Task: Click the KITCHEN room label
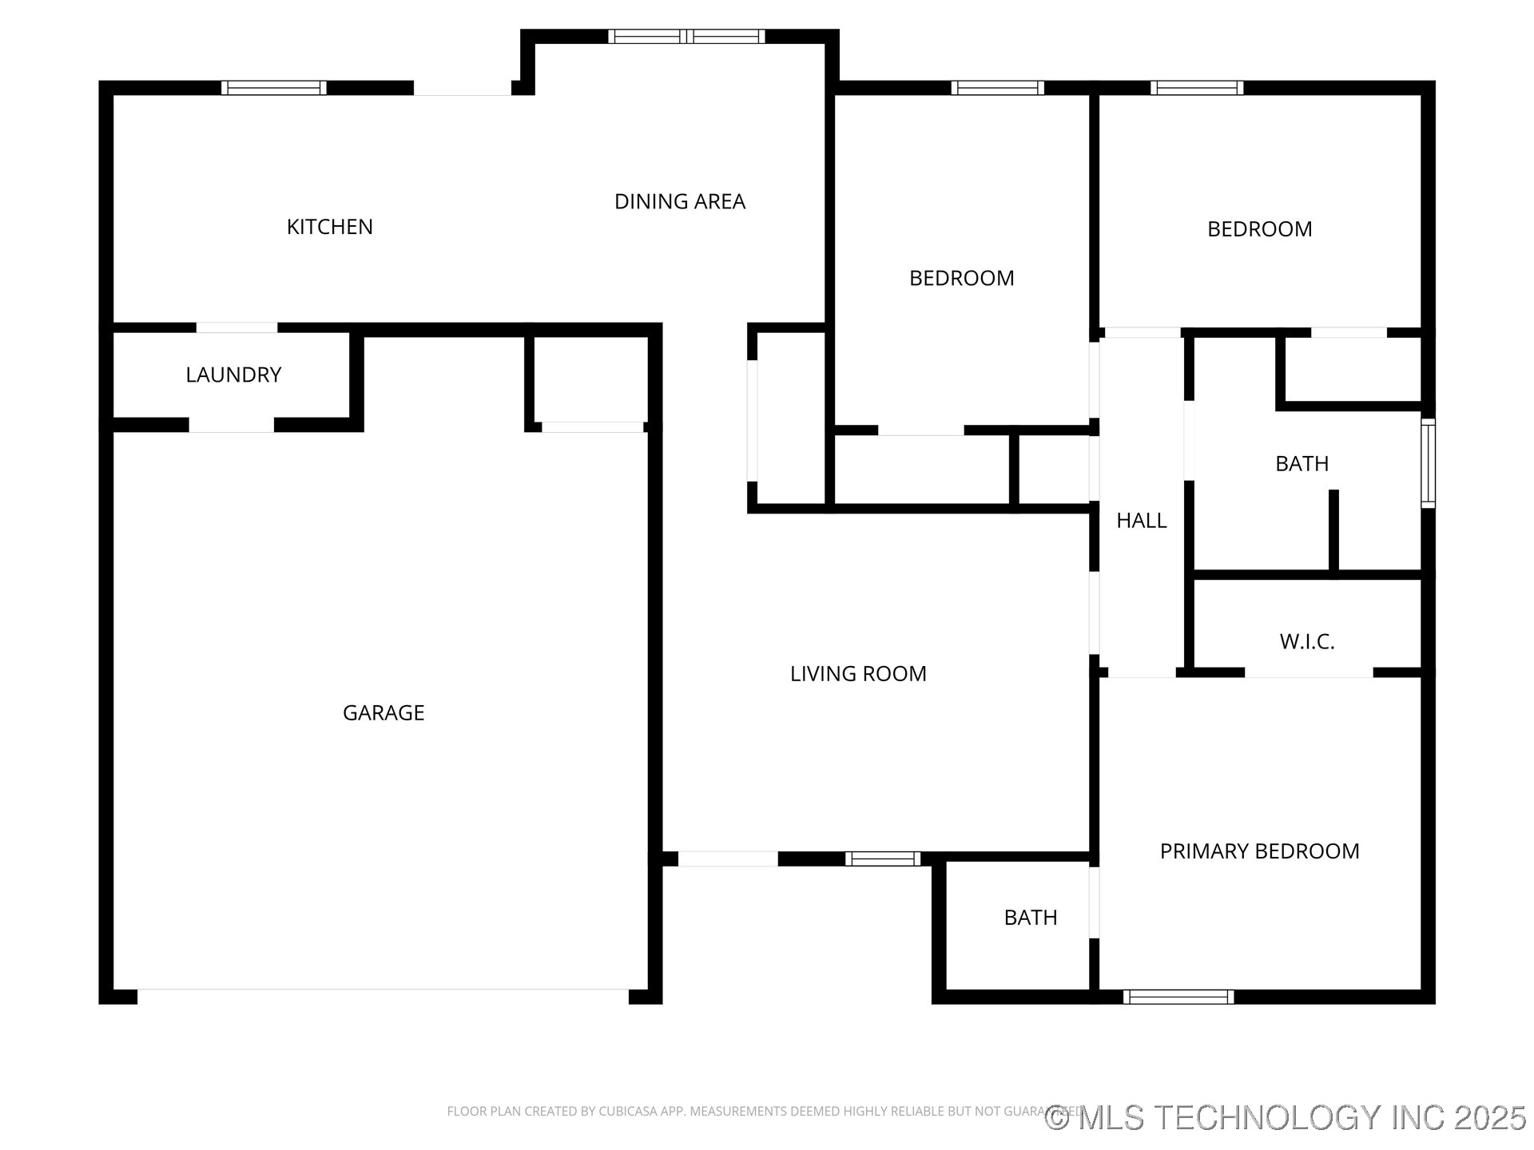329,227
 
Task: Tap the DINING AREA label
679,201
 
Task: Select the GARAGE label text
383,712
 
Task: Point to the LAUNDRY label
233,375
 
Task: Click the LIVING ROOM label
857,673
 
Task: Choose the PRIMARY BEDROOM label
1258,851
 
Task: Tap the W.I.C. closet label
1306,641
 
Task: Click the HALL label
1141,521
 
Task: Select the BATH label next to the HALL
1302,463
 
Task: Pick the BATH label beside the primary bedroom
1030,918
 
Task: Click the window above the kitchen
273,88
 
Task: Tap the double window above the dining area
686,36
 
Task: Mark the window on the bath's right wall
1428,463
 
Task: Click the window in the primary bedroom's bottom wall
1178,997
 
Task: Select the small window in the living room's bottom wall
882,859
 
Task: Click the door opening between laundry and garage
231,426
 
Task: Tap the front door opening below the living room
727,859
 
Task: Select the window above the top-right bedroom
1196,88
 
